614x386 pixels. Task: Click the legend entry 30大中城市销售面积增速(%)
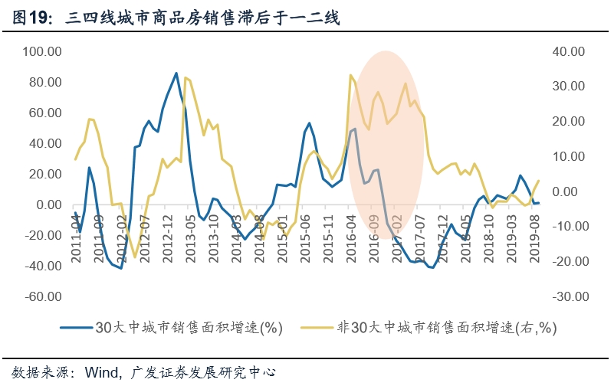[189, 328]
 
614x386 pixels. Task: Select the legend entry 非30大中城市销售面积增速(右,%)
[446, 328]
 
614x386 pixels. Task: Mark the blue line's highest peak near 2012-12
[176, 74]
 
